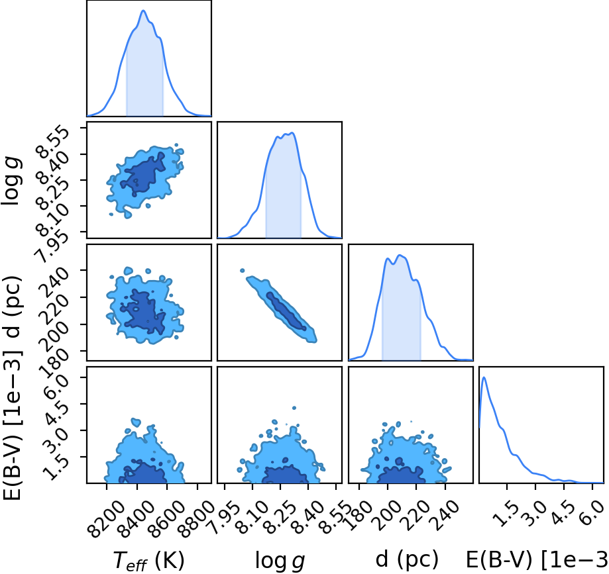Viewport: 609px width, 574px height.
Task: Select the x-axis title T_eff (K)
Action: tap(148, 560)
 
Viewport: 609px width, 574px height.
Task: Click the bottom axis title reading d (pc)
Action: tap(407, 559)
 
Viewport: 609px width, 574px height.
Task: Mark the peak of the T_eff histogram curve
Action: tap(143, 11)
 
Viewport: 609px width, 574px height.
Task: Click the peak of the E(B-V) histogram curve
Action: tap(484, 377)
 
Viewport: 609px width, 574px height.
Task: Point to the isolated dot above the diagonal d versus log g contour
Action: tap(243, 271)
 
